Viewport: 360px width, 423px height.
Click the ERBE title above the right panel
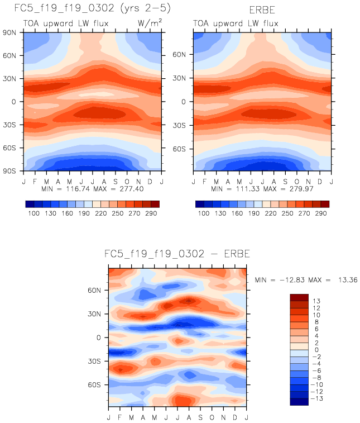(x=263, y=11)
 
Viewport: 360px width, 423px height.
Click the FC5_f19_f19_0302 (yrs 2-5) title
(x=85, y=9)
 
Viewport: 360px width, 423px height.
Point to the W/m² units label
(x=150, y=22)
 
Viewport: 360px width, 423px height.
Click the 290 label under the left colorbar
(x=151, y=214)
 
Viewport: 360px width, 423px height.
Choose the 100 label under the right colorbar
(x=203, y=214)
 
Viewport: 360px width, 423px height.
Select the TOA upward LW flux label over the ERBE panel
(x=236, y=23)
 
